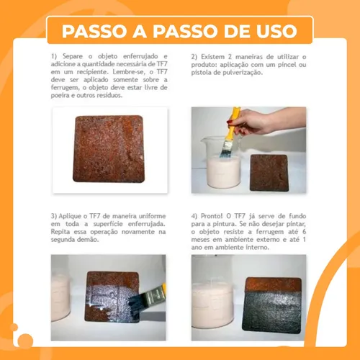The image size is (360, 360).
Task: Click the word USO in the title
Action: click(276, 31)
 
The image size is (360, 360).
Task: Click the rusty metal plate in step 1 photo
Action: click(109, 149)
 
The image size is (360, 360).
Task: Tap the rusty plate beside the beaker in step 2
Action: click(269, 173)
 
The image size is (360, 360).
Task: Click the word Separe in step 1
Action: click(73, 56)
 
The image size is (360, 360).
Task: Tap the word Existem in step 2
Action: click(212, 57)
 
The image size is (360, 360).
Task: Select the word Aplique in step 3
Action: click(69, 216)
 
